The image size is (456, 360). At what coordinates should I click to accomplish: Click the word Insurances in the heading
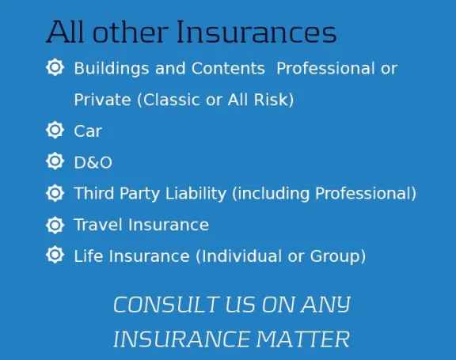coord(256,32)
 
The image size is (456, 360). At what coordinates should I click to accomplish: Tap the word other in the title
coord(131,32)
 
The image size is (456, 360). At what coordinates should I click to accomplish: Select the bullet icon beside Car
coord(55,130)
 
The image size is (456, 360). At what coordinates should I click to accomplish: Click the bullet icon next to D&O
coord(55,161)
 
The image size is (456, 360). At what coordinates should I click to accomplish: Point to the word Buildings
coord(112,69)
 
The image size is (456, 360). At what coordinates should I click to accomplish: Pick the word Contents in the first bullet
coord(228,68)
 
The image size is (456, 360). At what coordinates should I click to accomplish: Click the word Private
coord(102,100)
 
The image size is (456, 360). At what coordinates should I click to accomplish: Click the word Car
coord(88,131)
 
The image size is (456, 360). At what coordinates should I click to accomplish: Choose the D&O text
coord(93,162)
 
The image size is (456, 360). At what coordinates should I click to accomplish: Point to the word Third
coord(94,193)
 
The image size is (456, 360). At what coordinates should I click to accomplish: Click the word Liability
coord(196,194)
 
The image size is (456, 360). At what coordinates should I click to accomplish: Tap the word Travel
coord(98,225)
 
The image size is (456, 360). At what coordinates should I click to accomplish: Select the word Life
coord(89,256)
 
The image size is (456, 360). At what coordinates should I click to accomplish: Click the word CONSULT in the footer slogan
coord(166,305)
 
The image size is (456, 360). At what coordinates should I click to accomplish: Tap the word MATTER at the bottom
coord(302,339)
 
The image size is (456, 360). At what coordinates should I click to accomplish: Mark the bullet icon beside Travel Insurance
coord(55,225)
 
